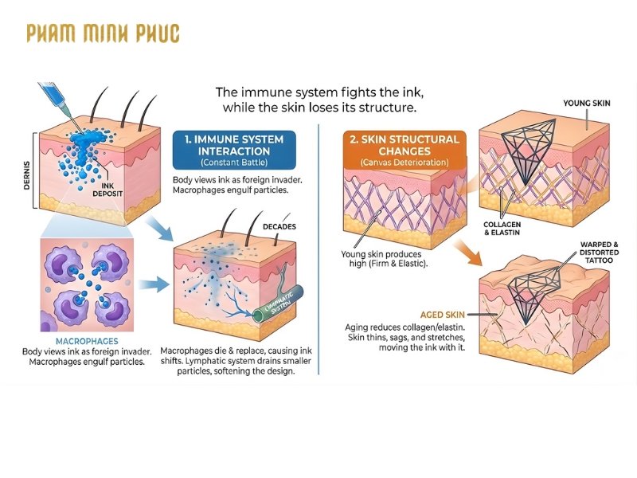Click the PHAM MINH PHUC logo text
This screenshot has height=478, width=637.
[103, 33]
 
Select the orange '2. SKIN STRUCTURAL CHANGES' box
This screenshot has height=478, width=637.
[404, 150]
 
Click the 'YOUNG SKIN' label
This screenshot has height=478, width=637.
[588, 104]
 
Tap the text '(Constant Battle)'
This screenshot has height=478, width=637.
[233, 164]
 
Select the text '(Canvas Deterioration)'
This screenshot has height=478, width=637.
[404, 163]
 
